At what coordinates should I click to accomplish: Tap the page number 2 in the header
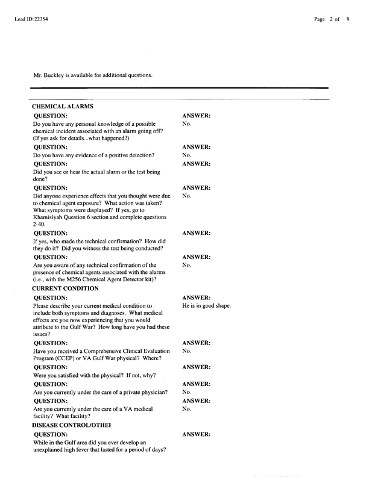(332, 19)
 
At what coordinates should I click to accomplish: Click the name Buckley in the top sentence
(55, 75)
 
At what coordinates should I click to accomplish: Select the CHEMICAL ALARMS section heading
(62, 106)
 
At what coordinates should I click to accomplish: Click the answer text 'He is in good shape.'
(206, 306)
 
